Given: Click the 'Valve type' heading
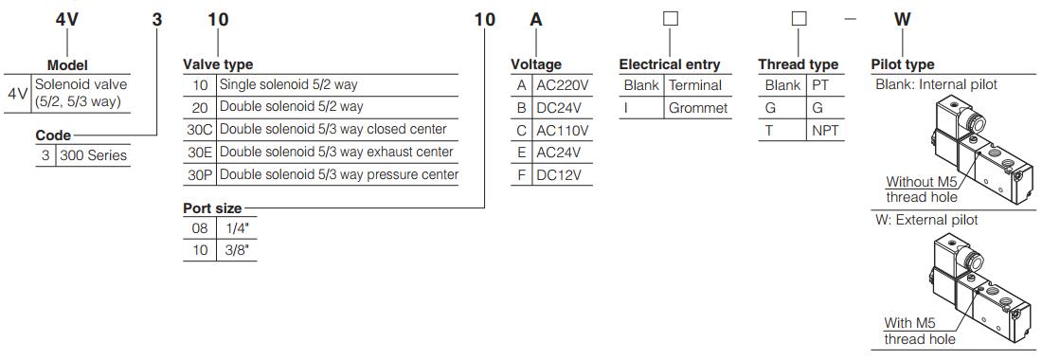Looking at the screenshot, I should point(218,64).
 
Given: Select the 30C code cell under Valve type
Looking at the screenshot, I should point(200,130).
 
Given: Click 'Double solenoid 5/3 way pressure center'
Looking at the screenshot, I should point(338,175).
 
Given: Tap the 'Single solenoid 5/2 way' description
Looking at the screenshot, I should point(288,85).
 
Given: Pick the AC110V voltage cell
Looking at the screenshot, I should point(563,130).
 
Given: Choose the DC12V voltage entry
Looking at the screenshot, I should point(559,175).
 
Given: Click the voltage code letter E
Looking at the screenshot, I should point(521,153).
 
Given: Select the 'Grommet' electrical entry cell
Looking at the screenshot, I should point(697,108).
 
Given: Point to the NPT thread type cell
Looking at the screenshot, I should point(825,131).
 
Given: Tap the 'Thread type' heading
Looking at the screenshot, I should point(798,64).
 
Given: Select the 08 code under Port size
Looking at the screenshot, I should point(200,228).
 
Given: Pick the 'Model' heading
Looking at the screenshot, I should point(67,65).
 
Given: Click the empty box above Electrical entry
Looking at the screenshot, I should point(670,19).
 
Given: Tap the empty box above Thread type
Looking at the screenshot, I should point(799,19).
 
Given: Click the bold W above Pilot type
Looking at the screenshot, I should point(903,19).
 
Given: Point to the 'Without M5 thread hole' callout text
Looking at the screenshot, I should point(921,189).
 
